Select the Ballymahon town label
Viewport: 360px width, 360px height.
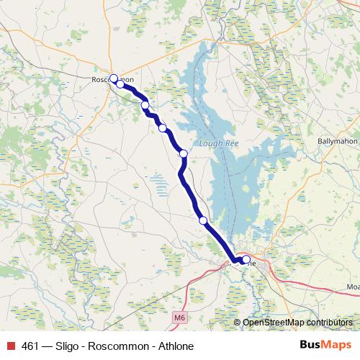[x=338, y=141]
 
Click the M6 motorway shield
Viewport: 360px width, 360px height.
[x=179, y=316]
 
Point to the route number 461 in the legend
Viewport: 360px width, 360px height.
[x=30, y=346]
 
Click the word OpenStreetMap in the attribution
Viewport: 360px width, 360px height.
[x=274, y=323]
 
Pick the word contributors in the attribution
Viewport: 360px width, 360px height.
[x=330, y=323]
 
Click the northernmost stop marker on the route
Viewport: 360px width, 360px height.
[x=113, y=78]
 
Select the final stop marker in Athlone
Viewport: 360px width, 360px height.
[x=246, y=259]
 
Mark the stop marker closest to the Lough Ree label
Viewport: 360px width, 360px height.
[x=184, y=153]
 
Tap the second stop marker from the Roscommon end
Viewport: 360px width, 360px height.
[x=120, y=84]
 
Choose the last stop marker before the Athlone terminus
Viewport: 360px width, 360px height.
[x=203, y=220]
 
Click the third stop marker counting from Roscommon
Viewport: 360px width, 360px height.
[x=145, y=105]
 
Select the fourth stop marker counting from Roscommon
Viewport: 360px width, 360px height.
[x=163, y=128]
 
